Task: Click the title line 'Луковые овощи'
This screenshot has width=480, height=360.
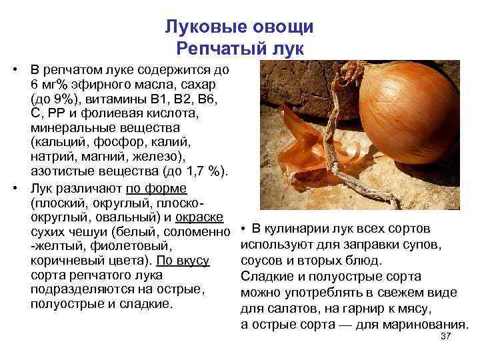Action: (239, 27)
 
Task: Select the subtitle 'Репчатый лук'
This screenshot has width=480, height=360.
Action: (239, 48)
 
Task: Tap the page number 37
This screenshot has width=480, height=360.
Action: (447, 337)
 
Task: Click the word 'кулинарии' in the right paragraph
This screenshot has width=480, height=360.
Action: (293, 230)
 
